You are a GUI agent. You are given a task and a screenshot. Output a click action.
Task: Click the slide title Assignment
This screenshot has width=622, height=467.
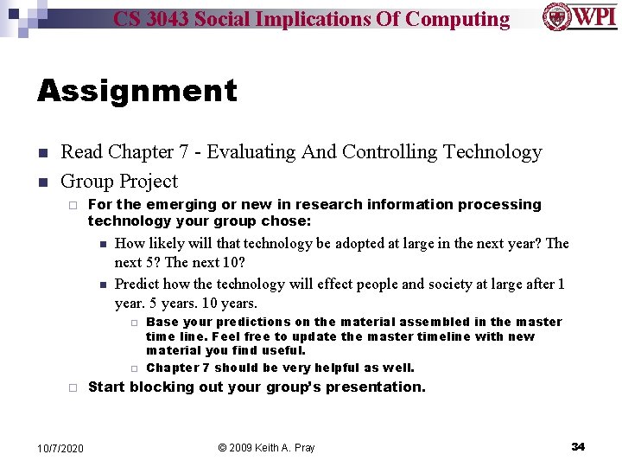point(136,91)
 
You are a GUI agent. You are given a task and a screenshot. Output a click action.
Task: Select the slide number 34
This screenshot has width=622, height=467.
point(578,446)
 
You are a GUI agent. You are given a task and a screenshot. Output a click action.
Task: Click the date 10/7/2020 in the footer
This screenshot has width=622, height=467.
point(60,447)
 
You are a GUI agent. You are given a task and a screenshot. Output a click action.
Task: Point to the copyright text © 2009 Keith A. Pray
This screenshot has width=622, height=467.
point(266,447)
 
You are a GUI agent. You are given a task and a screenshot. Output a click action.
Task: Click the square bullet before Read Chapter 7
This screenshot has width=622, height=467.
point(41,153)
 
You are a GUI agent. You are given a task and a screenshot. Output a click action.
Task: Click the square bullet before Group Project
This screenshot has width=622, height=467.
point(41,182)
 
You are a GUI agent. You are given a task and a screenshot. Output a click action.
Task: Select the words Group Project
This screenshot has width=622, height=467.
point(119,182)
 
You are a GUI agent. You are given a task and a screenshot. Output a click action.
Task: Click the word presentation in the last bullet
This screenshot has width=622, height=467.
point(378,387)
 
